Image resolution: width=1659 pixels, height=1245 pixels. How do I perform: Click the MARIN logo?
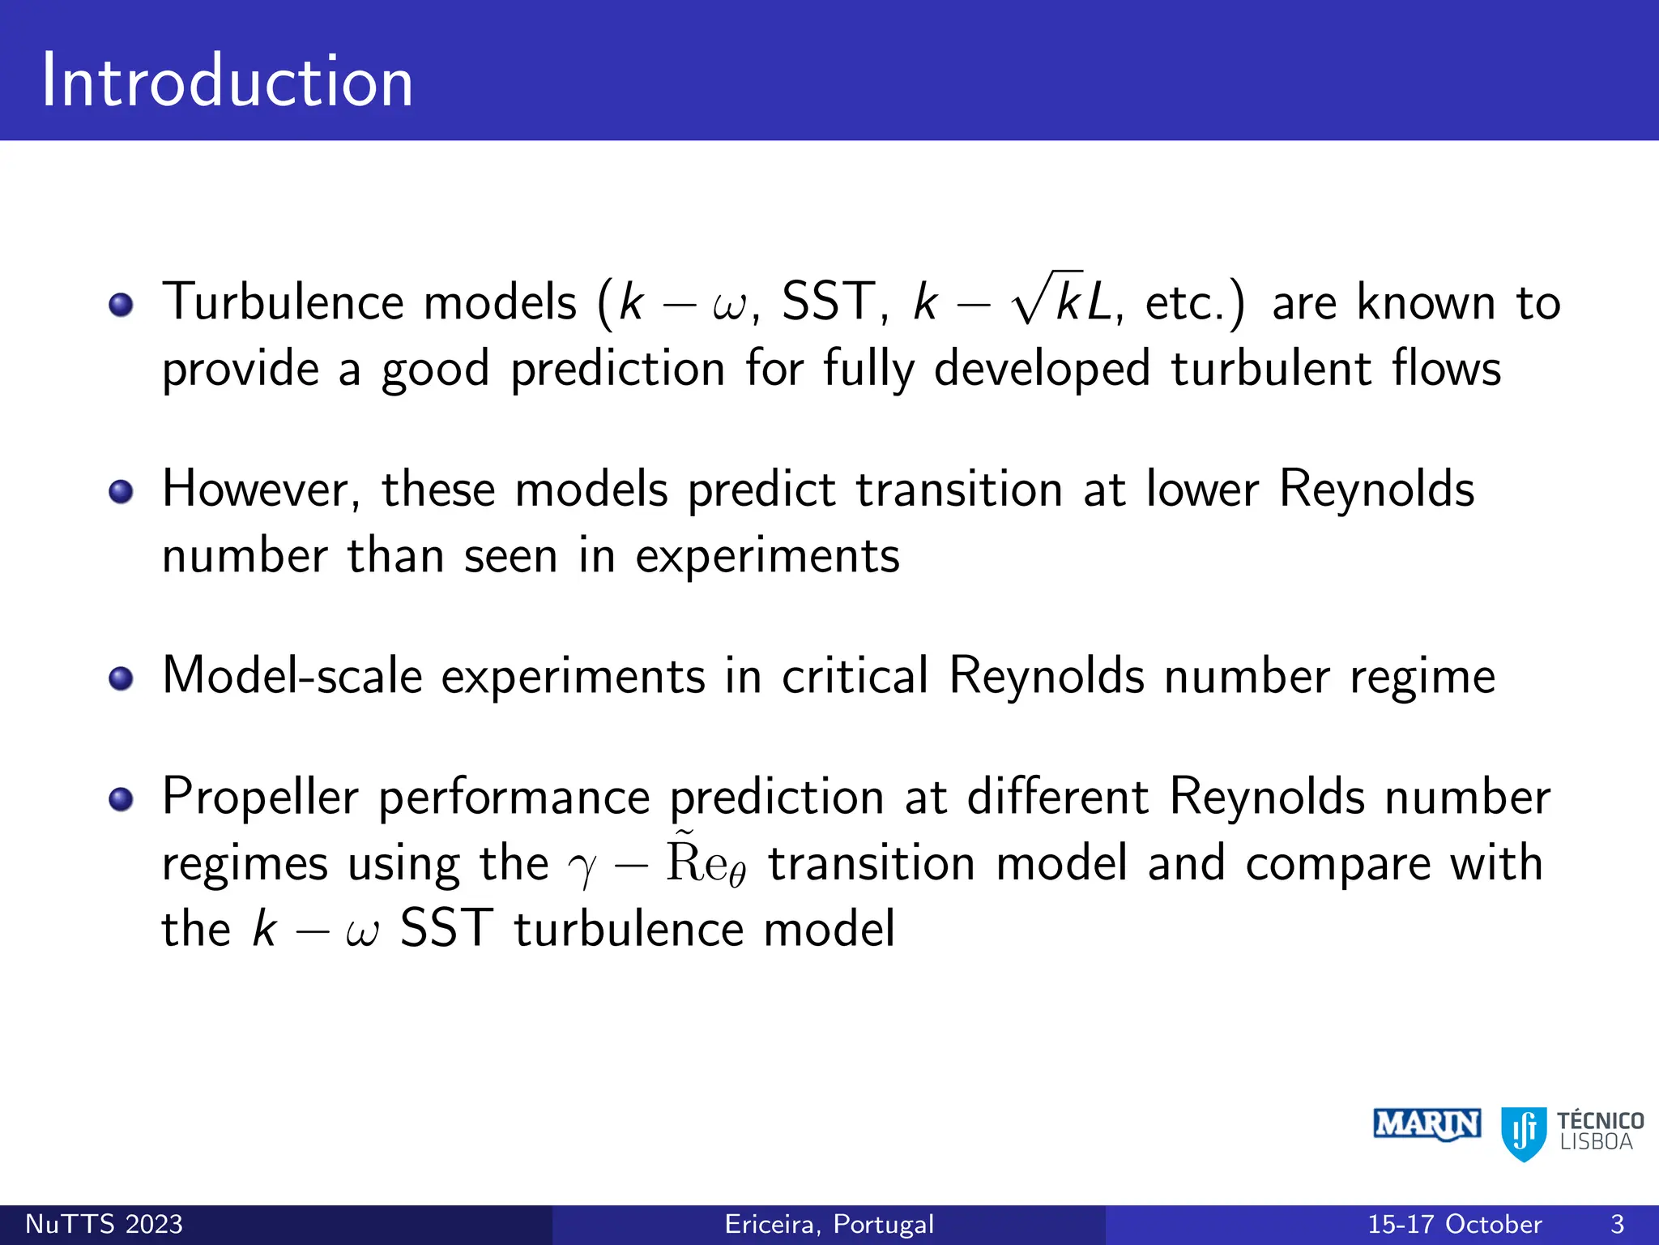point(1427,1125)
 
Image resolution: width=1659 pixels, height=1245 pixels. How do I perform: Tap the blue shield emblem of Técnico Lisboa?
point(1524,1132)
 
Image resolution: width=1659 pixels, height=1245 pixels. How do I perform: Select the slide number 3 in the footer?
point(1617,1224)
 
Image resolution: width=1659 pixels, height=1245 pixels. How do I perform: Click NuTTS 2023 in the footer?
point(104,1224)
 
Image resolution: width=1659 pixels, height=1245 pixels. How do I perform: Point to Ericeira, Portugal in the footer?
point(829,1224)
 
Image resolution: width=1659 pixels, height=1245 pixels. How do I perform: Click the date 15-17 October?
point(1454,1224)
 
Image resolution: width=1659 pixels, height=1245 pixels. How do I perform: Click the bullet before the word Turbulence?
point(121,306)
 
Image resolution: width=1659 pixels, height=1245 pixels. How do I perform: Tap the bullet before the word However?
point(121,492)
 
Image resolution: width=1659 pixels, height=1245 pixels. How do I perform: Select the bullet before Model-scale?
point(121,678)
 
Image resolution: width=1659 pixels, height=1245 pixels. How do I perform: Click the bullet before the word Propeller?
point(121,799)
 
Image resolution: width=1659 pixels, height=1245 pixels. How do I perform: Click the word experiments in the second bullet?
point(767,558)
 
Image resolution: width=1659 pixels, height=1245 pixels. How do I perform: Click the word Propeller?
point(259,798)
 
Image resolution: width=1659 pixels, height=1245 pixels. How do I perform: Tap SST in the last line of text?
point(446,928)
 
